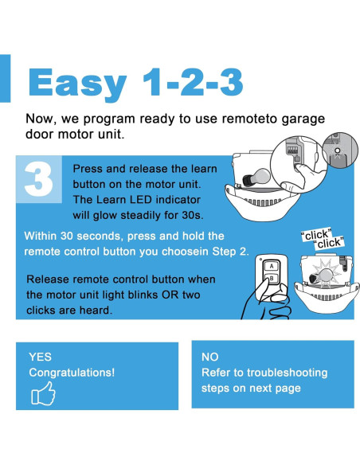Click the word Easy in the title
pyautogui.click(x=78, y=83)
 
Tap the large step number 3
pyautogui.click(x=38, y=179)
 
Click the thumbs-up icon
pyautogui.click(x=43, y=393)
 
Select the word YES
pyautogui.click(x=40, y=357)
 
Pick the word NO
pyautogui.click(x=210, y=357)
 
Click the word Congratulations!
pyautogui.click(x=72, y=373)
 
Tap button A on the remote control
pyautogui.click(x=272, y=266)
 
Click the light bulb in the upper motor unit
pyautogui.click(x=256, y=178)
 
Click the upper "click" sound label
pyautogui.click(x=316, y=235)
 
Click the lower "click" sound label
pyautogui.click(x=329, y=243)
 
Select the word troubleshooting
pyautogui.click(x=287, y=373)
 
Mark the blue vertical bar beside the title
pyautogui.click(x=5, y=78)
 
